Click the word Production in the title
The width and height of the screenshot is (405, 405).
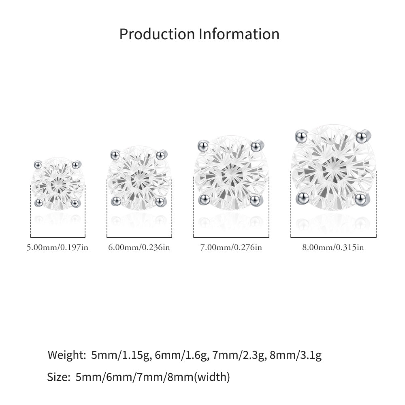point(157,34)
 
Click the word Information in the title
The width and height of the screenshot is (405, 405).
point(239,34)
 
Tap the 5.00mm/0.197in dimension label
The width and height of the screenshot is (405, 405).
point(58,247)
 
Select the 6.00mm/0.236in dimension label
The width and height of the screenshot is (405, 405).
point(139,247)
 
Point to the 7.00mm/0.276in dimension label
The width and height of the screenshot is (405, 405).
point(231,247)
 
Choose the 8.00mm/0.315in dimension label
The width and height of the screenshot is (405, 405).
point(333,247)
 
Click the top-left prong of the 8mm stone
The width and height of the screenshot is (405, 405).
point(301,136)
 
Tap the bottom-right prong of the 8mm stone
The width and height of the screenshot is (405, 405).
point(361,199)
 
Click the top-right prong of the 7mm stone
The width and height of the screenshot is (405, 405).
point(257,146)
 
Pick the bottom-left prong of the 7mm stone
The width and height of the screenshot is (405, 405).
point(204,199)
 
